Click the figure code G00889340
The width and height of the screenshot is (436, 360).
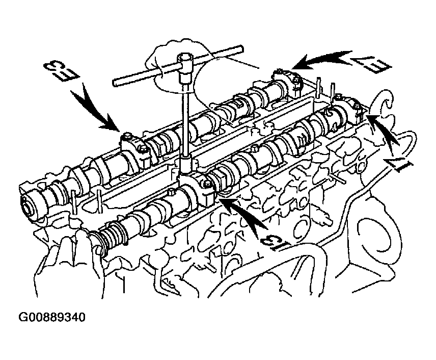pyautogui.click(x=52, y=317)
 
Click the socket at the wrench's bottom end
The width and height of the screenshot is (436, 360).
pyautogui.click(x=185, y=167)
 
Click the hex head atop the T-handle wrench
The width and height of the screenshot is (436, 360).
pyautogui.click(x=184, y=61)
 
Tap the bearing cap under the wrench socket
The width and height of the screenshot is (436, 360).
pyautogui.click(x=198, y=189)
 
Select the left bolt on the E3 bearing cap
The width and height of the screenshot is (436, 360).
pyautogui.click(x=127, y=137)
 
